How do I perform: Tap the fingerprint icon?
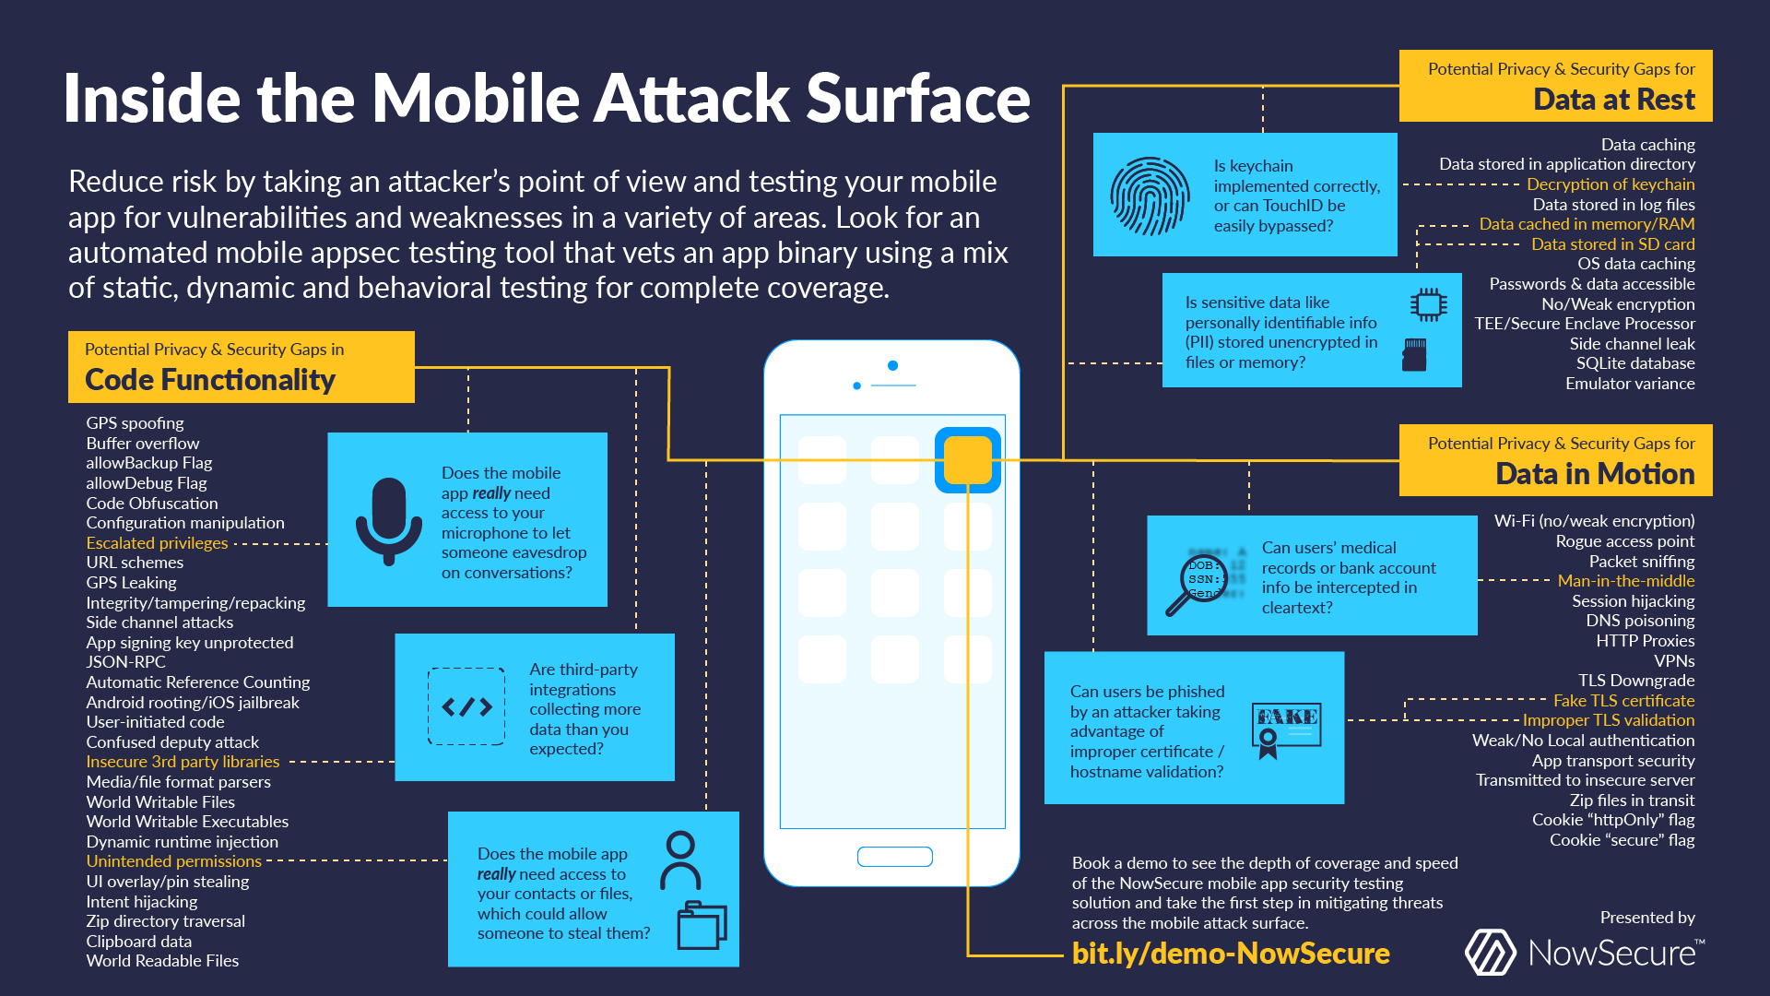pos(1150,196)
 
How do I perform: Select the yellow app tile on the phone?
pos(967,459)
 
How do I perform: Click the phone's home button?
pos(894,857)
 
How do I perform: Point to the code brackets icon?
pos(466,706)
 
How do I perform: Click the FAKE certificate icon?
pos(1287,728)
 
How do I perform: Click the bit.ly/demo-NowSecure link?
pos(1230,954)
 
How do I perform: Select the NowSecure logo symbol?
pos(1490,953)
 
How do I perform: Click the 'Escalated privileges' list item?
pos(157,543)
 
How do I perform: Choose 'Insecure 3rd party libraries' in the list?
pos(183,762)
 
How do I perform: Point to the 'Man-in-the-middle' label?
pos(1625,581)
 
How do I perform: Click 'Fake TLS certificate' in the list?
pos(1623,701)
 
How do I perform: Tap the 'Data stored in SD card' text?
pos(1612,244)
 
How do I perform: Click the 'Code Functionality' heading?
pos(210,380)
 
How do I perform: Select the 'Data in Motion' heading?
pos(1594,474)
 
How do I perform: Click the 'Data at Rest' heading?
pos(1613,100)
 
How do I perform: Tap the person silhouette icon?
pos(680,860)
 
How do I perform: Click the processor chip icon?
pos(1428,304)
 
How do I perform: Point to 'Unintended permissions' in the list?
pos(173,861)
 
